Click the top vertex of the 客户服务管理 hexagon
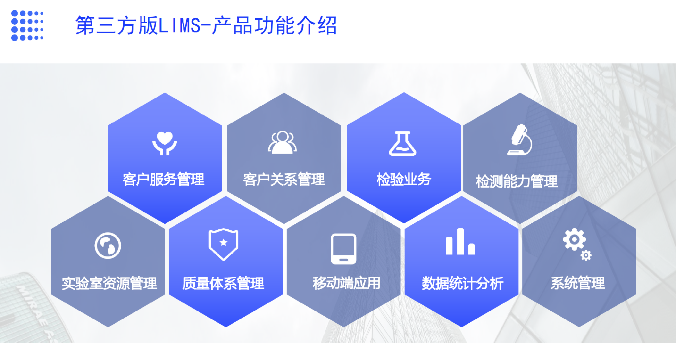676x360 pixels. click(165, 93)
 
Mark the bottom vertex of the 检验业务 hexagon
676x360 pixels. click(404, 223)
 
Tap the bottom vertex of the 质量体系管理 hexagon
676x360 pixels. click(226, 327)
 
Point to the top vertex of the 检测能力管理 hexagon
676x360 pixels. click(520, 93)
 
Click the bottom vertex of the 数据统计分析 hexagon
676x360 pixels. click(462, 327)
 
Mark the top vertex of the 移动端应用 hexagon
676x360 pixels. click(344, 196)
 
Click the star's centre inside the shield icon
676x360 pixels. click(223, 242)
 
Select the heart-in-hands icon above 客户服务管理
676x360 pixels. click(164, 143)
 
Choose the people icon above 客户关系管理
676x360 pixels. click(282, 143)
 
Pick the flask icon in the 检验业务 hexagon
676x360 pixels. click(403, 143)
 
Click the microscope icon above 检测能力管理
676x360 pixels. click(520, 139)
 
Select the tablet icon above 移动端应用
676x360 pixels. click(344, 249)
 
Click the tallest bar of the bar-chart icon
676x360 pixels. click(460, 241)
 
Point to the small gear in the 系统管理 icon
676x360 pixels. click(586, 255)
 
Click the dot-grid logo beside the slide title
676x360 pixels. click(27, 25)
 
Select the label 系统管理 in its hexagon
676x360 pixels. click(578, 283)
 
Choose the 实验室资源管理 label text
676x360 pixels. click(109, 284)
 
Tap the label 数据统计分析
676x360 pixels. click(463, 284)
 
